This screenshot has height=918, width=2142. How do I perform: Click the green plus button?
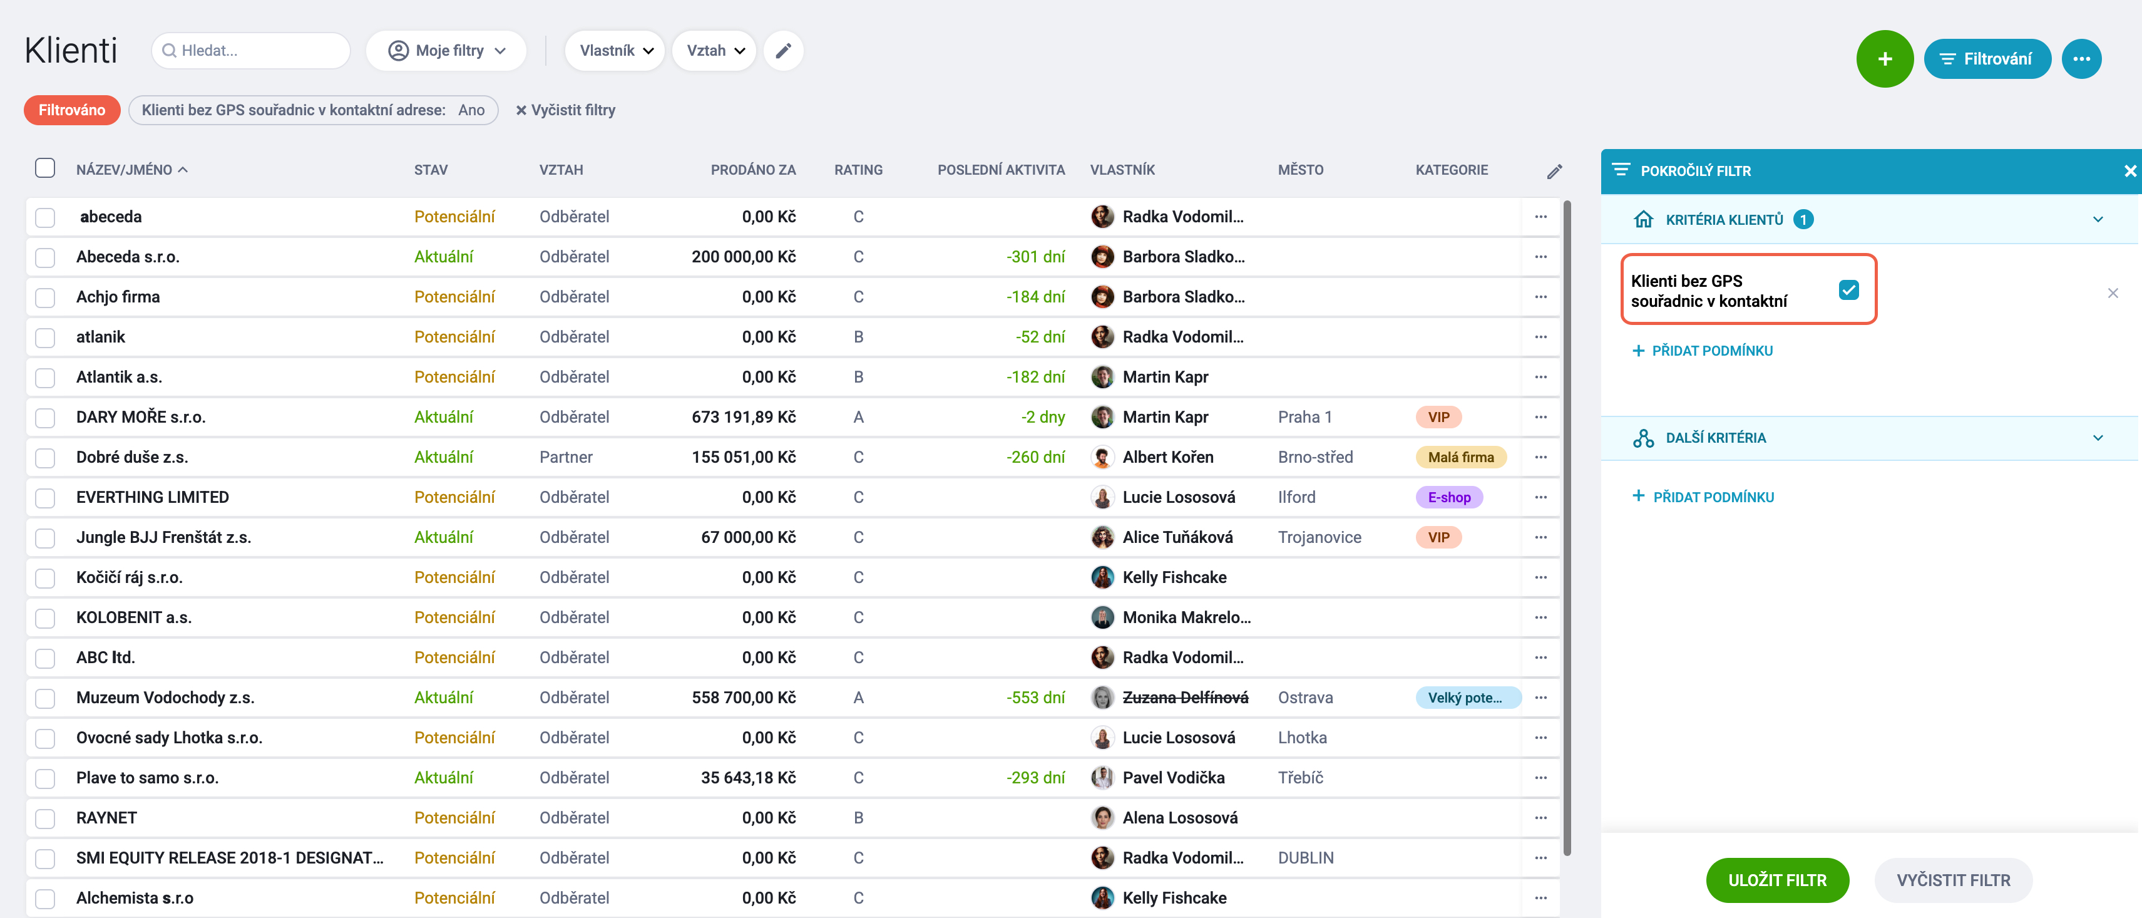(1884, 58)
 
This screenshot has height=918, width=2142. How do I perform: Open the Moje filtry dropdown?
(446, 51)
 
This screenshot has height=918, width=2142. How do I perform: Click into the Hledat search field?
(251, 51)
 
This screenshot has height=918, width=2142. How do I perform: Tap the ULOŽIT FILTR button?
(1777, 880)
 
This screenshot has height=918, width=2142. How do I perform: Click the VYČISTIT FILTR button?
(1952, 880)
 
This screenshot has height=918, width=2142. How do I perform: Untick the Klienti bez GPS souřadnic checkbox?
(1848, 290)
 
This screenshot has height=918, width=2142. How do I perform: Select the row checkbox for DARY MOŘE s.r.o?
(46, 418)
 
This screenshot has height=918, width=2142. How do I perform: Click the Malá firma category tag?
(1460, 457)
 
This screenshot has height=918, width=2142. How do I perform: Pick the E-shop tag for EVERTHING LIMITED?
(1448, 497)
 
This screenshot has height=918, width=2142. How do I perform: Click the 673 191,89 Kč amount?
(744, 418)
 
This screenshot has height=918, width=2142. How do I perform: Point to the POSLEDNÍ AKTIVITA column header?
(1000, 170)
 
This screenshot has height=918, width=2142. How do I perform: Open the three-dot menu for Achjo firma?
(1540, 297)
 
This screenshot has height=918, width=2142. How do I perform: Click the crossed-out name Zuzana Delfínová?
(1185, 698)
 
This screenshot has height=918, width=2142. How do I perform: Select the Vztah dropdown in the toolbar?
(714, 51)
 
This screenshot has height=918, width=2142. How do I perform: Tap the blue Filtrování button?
(1987, 59)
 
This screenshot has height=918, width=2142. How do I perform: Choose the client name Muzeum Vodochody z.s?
(165, 698)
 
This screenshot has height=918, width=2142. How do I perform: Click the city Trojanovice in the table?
(1319, 537)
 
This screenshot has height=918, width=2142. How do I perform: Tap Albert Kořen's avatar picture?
(1102, 457)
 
